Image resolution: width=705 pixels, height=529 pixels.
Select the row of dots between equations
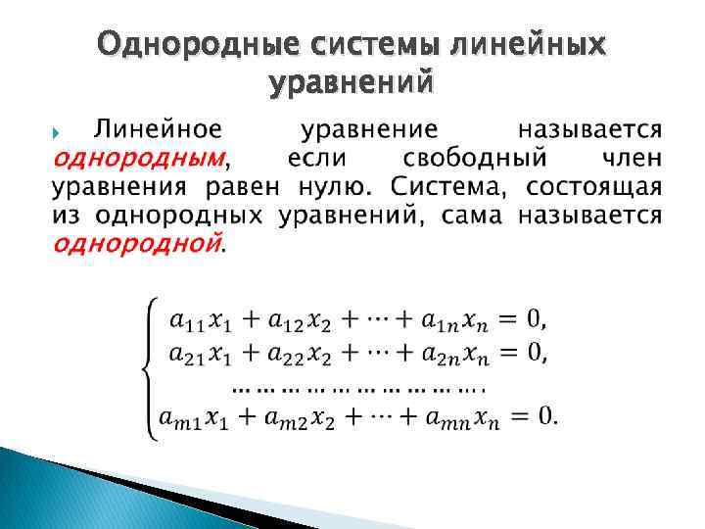tap(362, 386)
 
